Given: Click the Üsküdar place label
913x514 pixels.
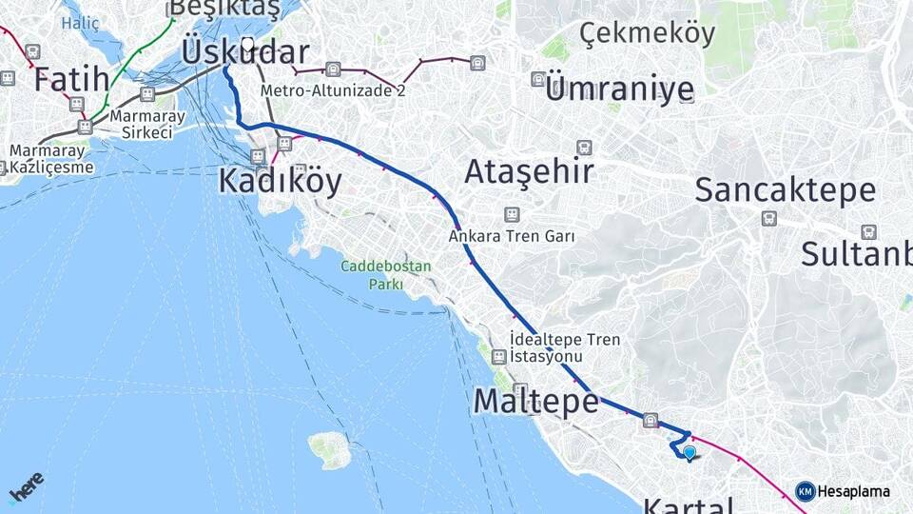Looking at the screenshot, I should pyautogui.click(x=244, y=53).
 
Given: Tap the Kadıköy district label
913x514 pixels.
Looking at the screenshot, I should pyautogui.click(x=280, y=181).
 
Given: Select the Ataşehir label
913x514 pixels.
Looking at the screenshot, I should pyautogui.click(x=529, y=172).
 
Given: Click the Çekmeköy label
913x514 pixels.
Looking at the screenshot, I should pyautogui.click(x=647, y=33).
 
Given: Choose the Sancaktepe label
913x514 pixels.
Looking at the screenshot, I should pyautogui.click(x=785, y=189).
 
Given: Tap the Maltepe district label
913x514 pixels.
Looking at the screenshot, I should pyautogui.click(x=535, y=402).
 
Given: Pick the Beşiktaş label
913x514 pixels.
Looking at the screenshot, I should pyautogui.click(x=224, y=10).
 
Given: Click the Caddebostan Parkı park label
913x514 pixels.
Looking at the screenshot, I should pyautogui.click(x=387, y=275).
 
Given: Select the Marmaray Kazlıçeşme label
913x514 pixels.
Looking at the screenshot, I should pyautogui.click(x=52, y=159).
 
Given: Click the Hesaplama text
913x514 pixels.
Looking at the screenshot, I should pyautogui.click(x=854, y=492).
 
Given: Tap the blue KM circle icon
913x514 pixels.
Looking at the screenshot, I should pyautogui.click(x=805, y=491).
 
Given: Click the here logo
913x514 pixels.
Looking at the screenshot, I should pyautogui.click(x=27, y=487).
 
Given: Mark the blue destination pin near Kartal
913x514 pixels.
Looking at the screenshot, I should pyautogui.click(x=690, y=452).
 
